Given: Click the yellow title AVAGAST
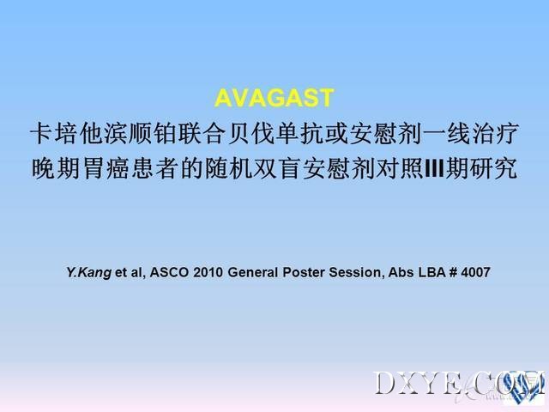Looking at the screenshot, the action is coord(274,98).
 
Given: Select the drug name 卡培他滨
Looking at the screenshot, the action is coord(79,134).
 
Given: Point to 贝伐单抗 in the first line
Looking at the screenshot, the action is coord(274,134).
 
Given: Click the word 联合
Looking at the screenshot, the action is coord(202,134).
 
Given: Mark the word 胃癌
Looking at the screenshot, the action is coord(105,168).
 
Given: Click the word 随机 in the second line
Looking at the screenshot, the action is coord(228,168).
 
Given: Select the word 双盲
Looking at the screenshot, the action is coord(277,168).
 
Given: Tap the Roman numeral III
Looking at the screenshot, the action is coord(434,168).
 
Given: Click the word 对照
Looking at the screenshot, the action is coord(400,168).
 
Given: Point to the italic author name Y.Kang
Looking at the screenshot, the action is coord(89,273).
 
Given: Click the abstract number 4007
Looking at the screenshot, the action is coord(475,272).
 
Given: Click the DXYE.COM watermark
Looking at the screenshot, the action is coord(460,384).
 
